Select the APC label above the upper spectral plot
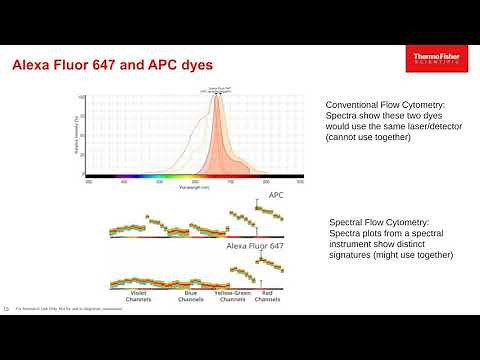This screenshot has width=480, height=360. (276, 197)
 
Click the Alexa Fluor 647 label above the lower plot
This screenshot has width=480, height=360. (256, 244)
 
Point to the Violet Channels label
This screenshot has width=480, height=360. (138, 297)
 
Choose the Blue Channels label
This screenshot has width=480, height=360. (190, 297)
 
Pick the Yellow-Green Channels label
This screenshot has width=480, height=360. (232, 297)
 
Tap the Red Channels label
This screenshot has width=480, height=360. (267, 297)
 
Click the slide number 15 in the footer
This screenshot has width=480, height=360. (7, 308)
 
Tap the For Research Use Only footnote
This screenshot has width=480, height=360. (50, 309)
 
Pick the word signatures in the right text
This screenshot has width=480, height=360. (353, 255)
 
